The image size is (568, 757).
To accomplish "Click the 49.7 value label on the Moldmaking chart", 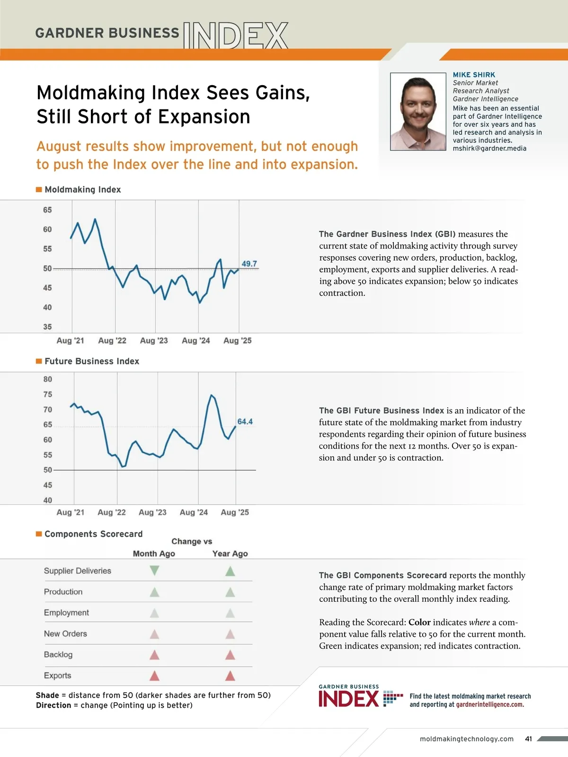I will [x=249, y=264].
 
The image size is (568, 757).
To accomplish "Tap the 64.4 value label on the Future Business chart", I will [x=245, y=422].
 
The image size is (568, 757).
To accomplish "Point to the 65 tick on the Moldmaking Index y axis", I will [x=47, y=210].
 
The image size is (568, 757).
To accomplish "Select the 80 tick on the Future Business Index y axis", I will [x=48, y=379].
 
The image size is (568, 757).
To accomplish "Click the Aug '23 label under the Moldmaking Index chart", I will [x=154, y=341].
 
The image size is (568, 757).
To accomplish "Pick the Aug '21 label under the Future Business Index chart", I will [x=70, y=512].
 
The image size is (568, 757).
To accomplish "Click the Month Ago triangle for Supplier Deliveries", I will [x=154, y=571].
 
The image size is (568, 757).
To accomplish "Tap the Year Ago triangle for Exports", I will [x=230, y=676].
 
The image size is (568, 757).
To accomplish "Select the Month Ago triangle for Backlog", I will [x=154, y=655].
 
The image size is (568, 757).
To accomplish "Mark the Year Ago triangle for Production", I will [x=230, y=592].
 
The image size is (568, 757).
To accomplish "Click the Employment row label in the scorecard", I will [x=66, y=613].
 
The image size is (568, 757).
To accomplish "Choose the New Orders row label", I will [x=65, y=634].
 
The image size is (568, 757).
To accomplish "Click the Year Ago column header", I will [x=230, y=554].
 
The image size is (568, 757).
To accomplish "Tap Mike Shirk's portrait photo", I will [x=418, y=112].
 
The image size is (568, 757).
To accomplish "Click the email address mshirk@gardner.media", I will [x=489, y=149].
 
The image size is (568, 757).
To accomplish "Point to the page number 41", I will [x=529, y=739].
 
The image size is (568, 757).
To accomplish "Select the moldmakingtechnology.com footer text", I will [x=466, y=739].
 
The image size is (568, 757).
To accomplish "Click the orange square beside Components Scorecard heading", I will [x=39, y=534].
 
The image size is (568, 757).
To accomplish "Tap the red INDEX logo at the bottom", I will [x=349, y=699].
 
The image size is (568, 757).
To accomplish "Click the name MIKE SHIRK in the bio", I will [x=474, y=75].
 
